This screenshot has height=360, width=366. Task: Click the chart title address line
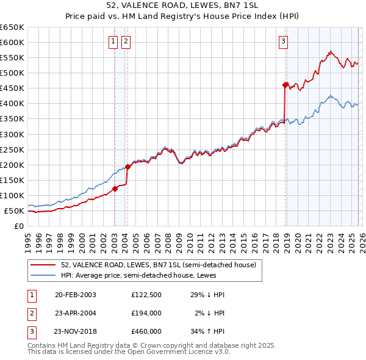tap(182, 5)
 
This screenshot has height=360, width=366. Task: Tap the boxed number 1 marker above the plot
tap(113, 41)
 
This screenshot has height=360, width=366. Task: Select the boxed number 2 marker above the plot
tap(126, 41)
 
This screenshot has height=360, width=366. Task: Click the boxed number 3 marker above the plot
tap(284, 41)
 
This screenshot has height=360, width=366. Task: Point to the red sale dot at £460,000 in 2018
tap(285, 85)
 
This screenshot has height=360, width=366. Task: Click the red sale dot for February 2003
tap(115, 189)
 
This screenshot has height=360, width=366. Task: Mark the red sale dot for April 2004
tap(127, 167)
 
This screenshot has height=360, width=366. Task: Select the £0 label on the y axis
tap(20, 226)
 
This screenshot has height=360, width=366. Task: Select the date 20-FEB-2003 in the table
tap(75, 295)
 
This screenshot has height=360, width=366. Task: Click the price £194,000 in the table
tap(146, 313)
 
